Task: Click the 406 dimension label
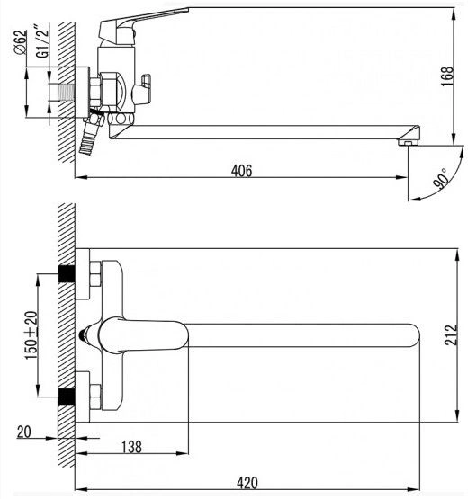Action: coord(241,171)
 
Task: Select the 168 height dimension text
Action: coord(447,76)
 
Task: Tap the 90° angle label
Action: coord(441,179)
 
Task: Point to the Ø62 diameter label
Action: coord(21,42)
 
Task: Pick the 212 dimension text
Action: coord(451,334)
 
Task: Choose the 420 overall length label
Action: coord(247,483)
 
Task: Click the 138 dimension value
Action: coord(131,447)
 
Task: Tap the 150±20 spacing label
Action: coord(31,335)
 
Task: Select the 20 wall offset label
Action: coord(24,432)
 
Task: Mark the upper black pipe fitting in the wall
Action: coord(67,273)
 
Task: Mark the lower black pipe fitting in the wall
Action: coord(67,397)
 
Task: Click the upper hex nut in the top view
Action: coord(95,273)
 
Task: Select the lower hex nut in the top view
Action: coord(95,397)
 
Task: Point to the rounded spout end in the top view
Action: coord(413,335)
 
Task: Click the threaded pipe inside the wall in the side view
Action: coord(62,93)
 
